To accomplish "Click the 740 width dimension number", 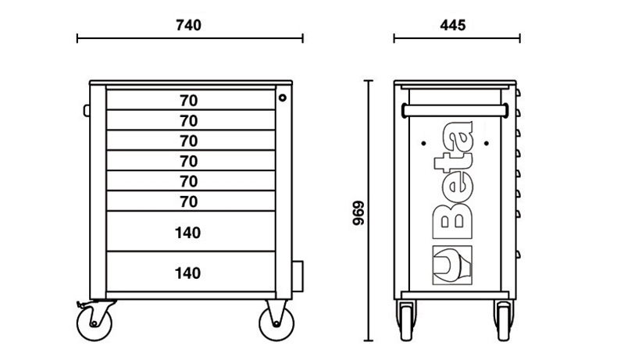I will point(188,25).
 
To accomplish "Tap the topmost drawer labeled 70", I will point(188,100).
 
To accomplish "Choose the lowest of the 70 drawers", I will point(188,201).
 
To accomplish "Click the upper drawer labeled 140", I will point(188,232).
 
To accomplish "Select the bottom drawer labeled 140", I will point(188,273).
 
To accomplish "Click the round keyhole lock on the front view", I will point(283,98).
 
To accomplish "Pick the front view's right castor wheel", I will point(278,322).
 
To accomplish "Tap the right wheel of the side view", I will point(500,322).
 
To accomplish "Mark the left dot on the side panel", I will point(423,144).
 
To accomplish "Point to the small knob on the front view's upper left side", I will point(87,109).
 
